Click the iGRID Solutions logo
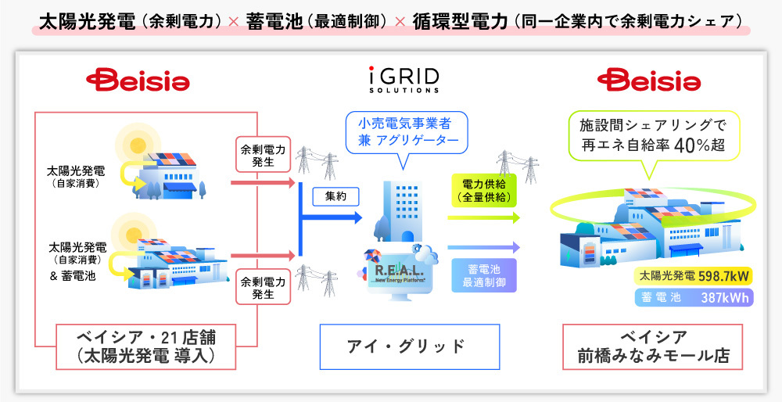click(x=404, y=79)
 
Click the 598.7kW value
click(x=725, y=275)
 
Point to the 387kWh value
click(x=724, y=297)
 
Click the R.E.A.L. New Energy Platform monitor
click(x=402, y=269)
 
